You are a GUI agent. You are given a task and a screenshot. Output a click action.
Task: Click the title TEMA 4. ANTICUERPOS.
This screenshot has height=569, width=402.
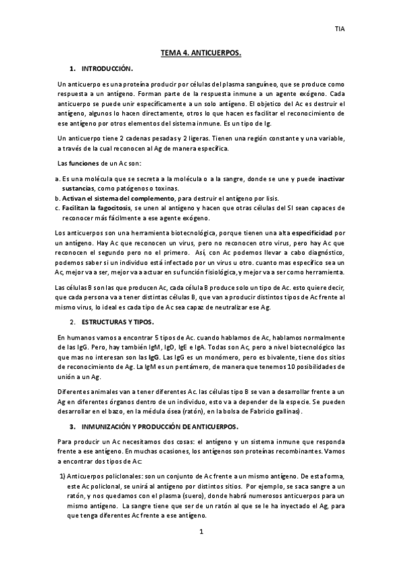pyautogui.click(x=201, y=51)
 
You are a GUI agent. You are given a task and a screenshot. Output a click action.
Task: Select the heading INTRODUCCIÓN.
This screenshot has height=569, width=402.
pyautogui.click(x=107, y=69)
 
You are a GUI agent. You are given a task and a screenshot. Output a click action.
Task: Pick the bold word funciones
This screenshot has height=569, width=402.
pyautogui.click(x=85, y=164)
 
